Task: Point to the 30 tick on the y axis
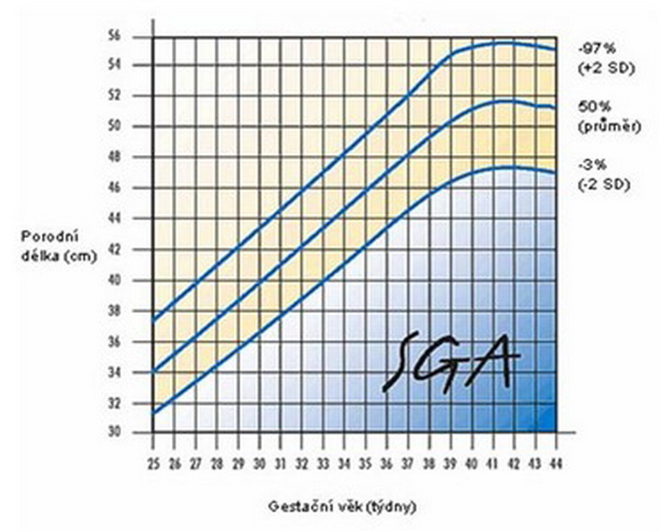(x=138, y=433)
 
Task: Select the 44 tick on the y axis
(x=138, y=219)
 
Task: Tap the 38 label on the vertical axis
(x=138, y=311)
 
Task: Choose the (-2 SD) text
(x=603, y=184)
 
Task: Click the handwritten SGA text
(x=446, y=361)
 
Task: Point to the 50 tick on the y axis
(x=138, y=127)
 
